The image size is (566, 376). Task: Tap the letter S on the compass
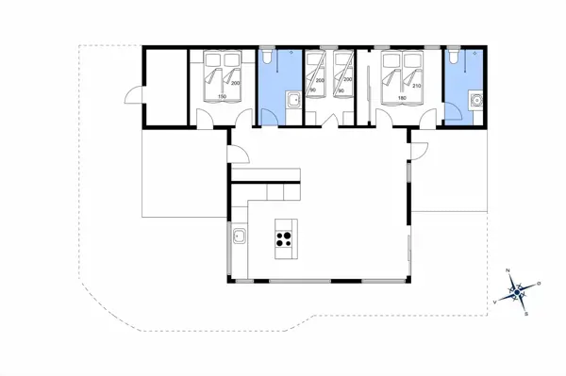[x=526, y=314]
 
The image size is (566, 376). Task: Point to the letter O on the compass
[x=539, y=283]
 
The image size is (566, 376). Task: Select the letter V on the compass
[x=496, y=301]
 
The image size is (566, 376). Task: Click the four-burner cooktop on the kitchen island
[x=282, y=237]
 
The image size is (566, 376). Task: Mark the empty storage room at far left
[x=164, y=85]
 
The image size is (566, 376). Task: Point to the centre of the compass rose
[x=517, y=291]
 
